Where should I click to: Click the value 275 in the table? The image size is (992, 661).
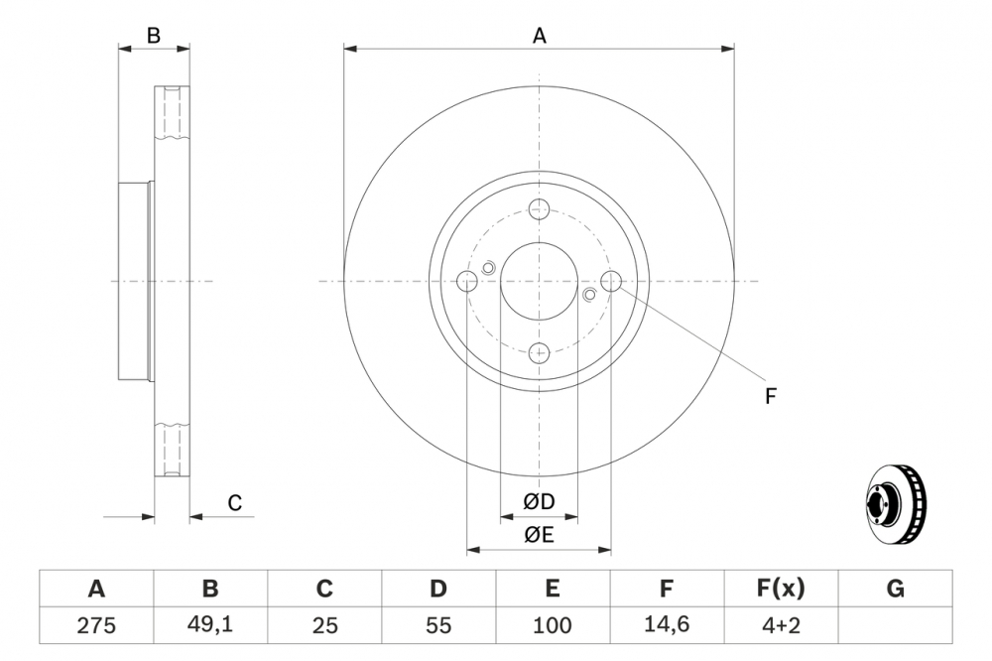(x=96, y=626)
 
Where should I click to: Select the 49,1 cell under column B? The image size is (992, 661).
(x=210, y=626)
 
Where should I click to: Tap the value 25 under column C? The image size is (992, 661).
(x=324, y=626)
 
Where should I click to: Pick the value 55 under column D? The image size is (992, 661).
(x=438, y=626)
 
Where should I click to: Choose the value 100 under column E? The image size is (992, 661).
(x=553, y=626)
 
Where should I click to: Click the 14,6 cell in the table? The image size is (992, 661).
(x=667, y=626)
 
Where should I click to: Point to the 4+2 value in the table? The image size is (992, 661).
(x=781, y=626)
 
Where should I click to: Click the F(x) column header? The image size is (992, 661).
(x=781, y=589)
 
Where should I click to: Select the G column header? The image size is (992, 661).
(x=895, y=589)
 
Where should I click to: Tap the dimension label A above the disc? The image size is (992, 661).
(x=540, y=36)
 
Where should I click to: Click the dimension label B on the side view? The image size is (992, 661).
(x=154, y=36)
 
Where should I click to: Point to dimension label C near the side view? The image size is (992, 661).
(x=235, y=503)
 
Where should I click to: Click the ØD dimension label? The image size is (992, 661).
(x=539, y=501)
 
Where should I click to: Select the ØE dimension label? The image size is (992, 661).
(x=539, y=535)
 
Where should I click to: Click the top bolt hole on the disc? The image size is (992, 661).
(x=539, y=209)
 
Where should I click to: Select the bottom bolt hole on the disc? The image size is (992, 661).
(x=539, y=351)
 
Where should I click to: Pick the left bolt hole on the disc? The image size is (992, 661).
(x=467, y=281)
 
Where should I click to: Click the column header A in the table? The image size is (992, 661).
(x=96, y=589)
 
